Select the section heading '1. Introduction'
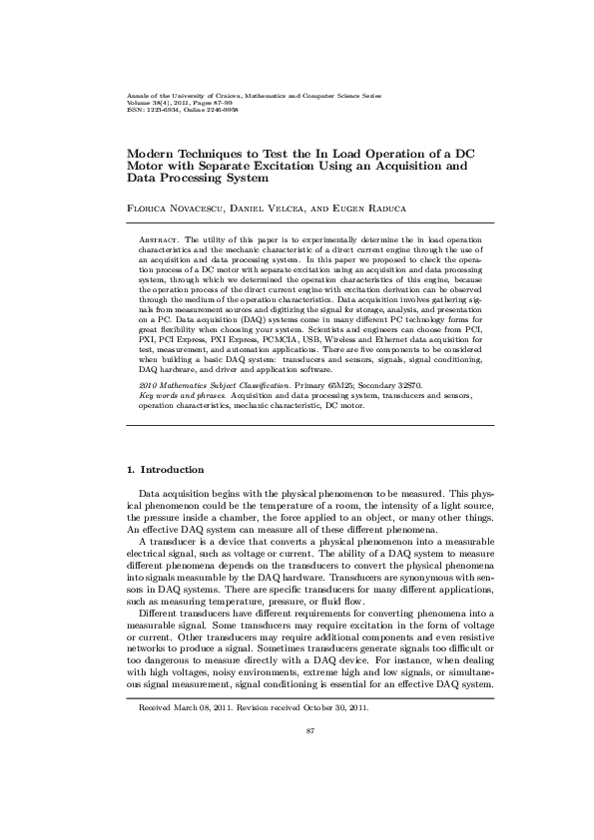tap(165, 470)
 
